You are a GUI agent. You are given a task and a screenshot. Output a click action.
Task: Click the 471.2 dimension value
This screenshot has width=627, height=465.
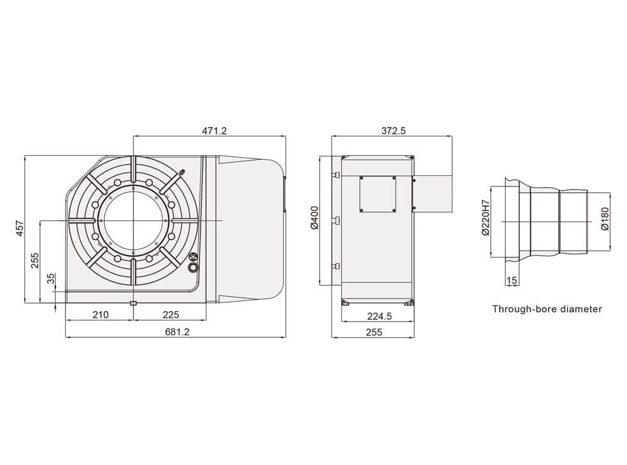(x=214, y=131)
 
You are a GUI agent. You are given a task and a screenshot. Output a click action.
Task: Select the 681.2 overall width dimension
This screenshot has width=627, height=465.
(x=177, y=332)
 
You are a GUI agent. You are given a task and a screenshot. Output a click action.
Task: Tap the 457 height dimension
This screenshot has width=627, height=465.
(x=20, y=228)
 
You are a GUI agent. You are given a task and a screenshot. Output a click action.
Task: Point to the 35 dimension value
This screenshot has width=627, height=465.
(x=51, y=278)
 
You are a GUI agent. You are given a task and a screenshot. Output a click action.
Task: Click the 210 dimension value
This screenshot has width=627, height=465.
(x=100, y=315)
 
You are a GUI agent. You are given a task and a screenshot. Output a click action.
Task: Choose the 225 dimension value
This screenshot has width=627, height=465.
(x=171, y=315)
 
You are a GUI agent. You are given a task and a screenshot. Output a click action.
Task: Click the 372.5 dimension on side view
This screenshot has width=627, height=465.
(x=394, y=131)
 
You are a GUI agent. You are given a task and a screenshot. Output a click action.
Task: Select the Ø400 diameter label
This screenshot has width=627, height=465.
(x=314, y=218)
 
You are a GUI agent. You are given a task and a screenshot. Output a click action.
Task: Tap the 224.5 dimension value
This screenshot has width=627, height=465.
(x=379, y=317)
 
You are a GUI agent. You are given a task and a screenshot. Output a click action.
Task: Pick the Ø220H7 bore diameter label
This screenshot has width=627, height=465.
(x=486, y=218)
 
